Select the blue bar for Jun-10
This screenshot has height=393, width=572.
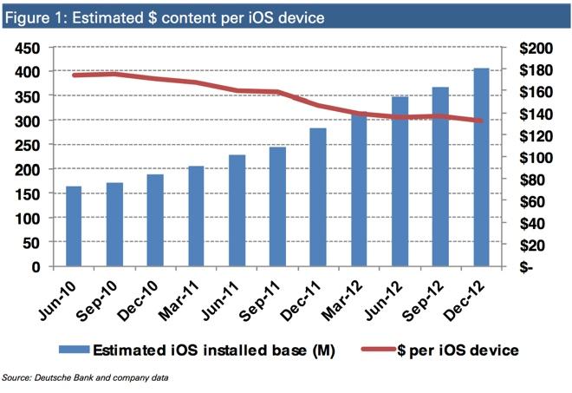click(x=74, y=226)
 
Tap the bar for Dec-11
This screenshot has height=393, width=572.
click(x=318, y=197)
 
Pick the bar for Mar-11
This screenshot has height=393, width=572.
click(x=196, y=216)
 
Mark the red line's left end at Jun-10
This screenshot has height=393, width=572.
click(x=74, y=75)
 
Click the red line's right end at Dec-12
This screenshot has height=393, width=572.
click(x=482, y=121)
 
